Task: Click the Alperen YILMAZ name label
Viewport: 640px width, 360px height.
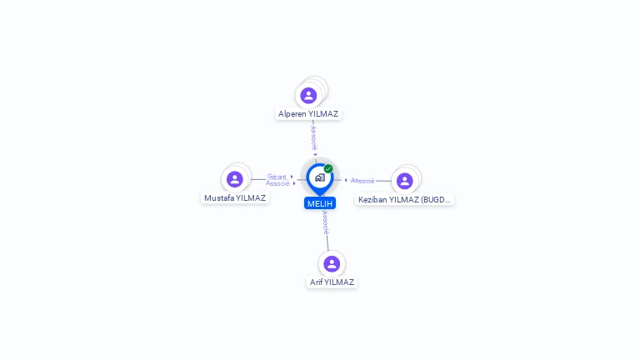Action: point(309,113)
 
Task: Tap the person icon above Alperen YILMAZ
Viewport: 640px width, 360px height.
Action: point(309,95)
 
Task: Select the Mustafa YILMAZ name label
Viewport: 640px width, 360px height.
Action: point(235,198)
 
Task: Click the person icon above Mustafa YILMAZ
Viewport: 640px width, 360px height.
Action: point(235,179)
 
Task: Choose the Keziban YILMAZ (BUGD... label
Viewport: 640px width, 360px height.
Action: point(404,200)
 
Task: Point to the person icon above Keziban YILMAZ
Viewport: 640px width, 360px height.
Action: point(405,181)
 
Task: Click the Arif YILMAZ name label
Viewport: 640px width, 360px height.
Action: point(332,282)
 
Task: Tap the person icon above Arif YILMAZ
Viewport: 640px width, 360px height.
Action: point(332,263)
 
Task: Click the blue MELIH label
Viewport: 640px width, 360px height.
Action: point(320,203)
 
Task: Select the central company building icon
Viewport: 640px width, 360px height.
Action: point(319,177)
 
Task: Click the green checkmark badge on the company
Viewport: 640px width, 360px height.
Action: point(328,168)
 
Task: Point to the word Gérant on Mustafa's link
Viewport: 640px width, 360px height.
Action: point(277,177)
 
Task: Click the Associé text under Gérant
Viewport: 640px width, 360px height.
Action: point(277,183)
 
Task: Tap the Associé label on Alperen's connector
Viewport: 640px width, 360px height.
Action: point(313,137)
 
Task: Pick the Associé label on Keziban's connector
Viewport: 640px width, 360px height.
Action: point(362,181)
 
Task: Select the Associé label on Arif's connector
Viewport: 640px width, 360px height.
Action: point(325,222)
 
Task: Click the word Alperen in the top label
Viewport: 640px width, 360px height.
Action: point(292,113)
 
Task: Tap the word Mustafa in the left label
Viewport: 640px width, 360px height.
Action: point(219,198)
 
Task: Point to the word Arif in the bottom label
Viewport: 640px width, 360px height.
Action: point(316,282)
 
